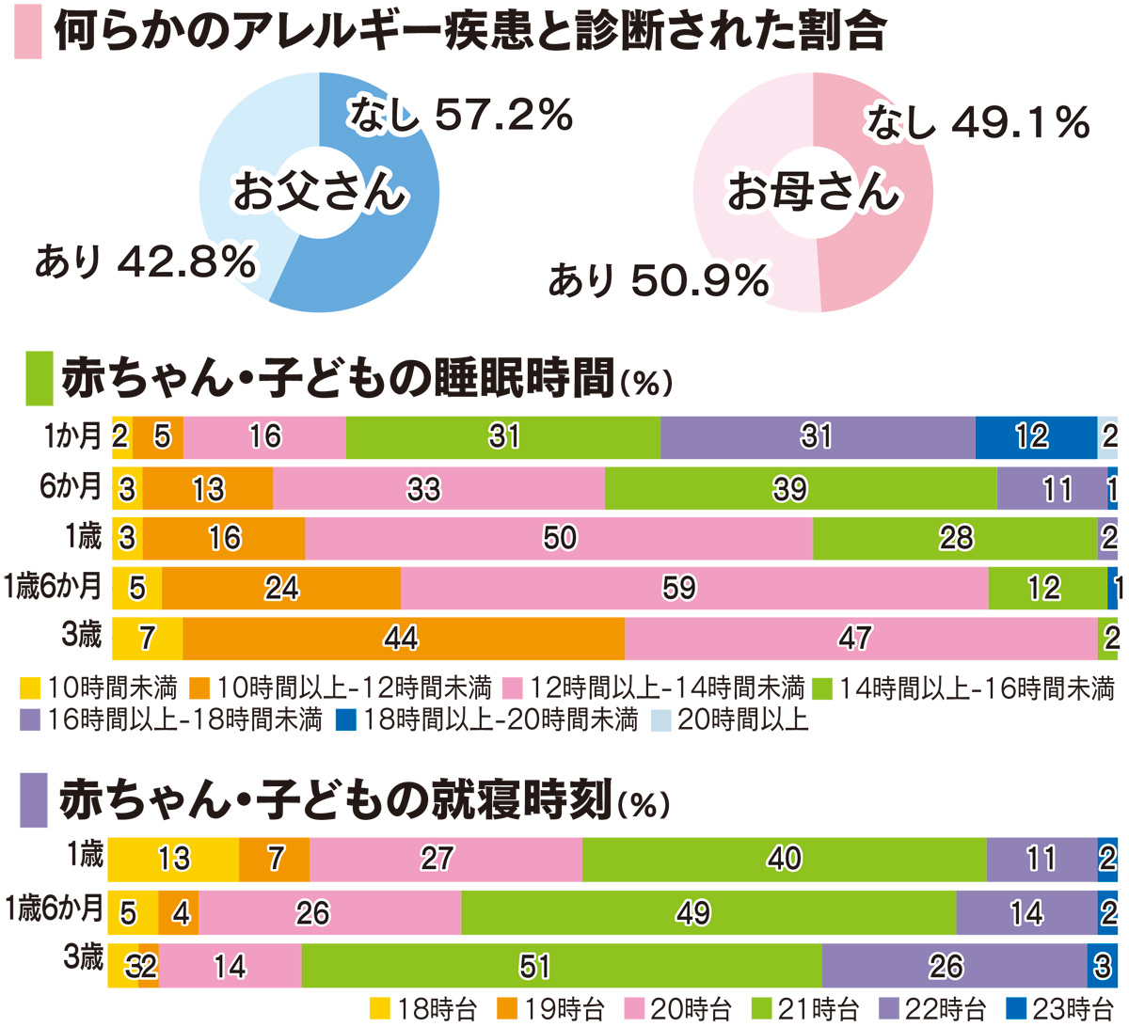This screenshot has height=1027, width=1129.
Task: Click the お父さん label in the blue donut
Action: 320,192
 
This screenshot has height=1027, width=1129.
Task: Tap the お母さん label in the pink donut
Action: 814,192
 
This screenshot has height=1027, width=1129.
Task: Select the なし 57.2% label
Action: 460,116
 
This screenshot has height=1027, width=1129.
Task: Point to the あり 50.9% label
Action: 659,280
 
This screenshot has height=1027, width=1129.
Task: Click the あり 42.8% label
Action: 146,261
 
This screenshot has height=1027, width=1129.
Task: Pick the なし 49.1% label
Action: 978,122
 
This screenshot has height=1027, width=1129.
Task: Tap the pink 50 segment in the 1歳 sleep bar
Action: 559,538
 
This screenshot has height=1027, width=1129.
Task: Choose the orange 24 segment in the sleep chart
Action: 280,588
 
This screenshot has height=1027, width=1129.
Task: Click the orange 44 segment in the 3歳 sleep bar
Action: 403,639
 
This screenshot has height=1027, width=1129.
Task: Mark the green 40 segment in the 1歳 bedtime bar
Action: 784,858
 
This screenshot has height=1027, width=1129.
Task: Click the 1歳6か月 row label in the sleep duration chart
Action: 53,586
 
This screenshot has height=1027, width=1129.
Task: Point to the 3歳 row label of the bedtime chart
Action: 83,958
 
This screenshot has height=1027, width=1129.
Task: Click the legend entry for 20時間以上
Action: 730,721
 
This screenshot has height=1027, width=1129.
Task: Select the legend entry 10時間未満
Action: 99,688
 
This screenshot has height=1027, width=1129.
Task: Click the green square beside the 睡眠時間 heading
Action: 39,378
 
